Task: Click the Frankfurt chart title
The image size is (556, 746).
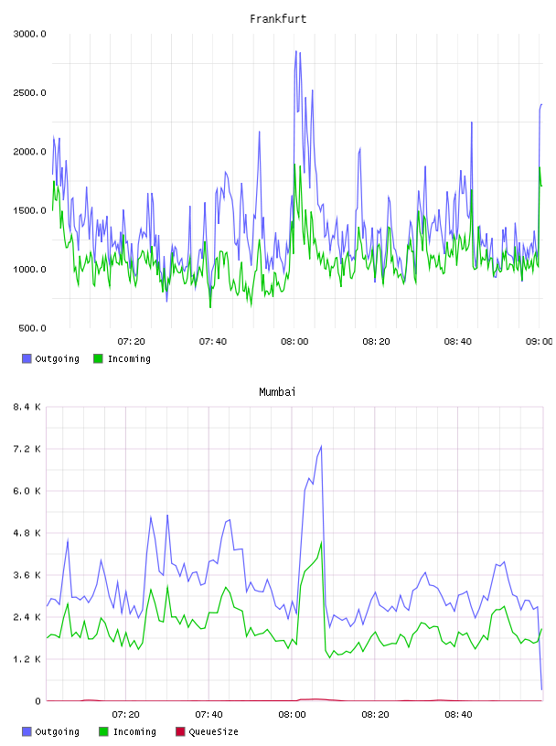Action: pyautogui.click(x=278, y=19)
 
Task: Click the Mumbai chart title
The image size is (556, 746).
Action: pyautogui.click(x=277, y=392)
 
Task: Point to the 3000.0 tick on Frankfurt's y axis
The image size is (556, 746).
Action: pyautogui.click(x=29, y=34)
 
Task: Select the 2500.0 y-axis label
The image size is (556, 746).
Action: pyautogui.click(x=29, y=92)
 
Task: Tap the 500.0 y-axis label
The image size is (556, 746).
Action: pyautogui.click(x=32, y=328)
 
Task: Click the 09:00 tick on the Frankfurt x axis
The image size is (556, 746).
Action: pyautogui.click(x=540, y=342)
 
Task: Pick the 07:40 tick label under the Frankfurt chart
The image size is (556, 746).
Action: pyautogui.click(x=213, y=342)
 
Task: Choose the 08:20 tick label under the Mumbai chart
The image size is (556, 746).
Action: pyautogui.click(x=375, y=715)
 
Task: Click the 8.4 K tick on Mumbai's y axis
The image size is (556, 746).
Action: pyautogui.click(x=27, y=407)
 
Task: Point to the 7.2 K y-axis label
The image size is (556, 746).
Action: pyautogui.click(x=27, y=449)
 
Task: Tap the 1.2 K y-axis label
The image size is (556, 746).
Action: pyautogui.click(x=27, y=659)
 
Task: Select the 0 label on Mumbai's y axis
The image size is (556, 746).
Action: pyautogui.click(x=38, y=701)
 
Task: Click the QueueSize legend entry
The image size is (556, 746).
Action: pyautogui.click(x=207, y=731)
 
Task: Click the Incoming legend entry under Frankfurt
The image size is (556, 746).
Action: pyautogui.click(x=123, y=358)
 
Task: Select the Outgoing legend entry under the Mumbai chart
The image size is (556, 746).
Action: pyautogui.click(x=51, y=731)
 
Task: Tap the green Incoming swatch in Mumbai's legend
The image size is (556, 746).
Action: pyautogui.click(x=103, y=731)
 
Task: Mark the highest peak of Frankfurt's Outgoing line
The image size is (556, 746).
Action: pyautogui.click(x=296, y=51)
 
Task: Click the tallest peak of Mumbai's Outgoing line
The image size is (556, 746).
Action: pyautogui.click(x=321, y=446)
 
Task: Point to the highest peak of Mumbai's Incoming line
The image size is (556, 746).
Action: pyautogui.click(x=321, y=542)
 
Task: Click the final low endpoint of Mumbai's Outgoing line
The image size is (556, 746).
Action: pyautogui.click(x=541, y=689)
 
